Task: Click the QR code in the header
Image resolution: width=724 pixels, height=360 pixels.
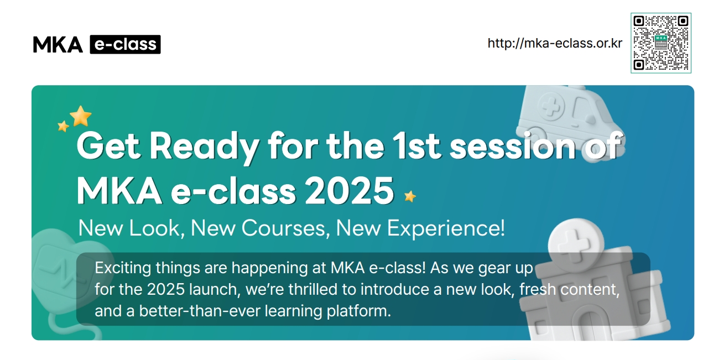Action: (660, 43)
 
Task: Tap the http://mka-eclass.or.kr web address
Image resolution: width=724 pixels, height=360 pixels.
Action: (555, 43)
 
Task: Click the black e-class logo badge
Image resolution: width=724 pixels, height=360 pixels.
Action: (125, 44)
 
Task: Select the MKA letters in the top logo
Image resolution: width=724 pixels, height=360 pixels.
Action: (58, 45)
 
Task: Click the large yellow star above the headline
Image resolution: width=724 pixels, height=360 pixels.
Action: (81, 116)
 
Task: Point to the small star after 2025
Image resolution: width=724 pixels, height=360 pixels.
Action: (410, 196)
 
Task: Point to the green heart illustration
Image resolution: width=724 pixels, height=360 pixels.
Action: (55, 265)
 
